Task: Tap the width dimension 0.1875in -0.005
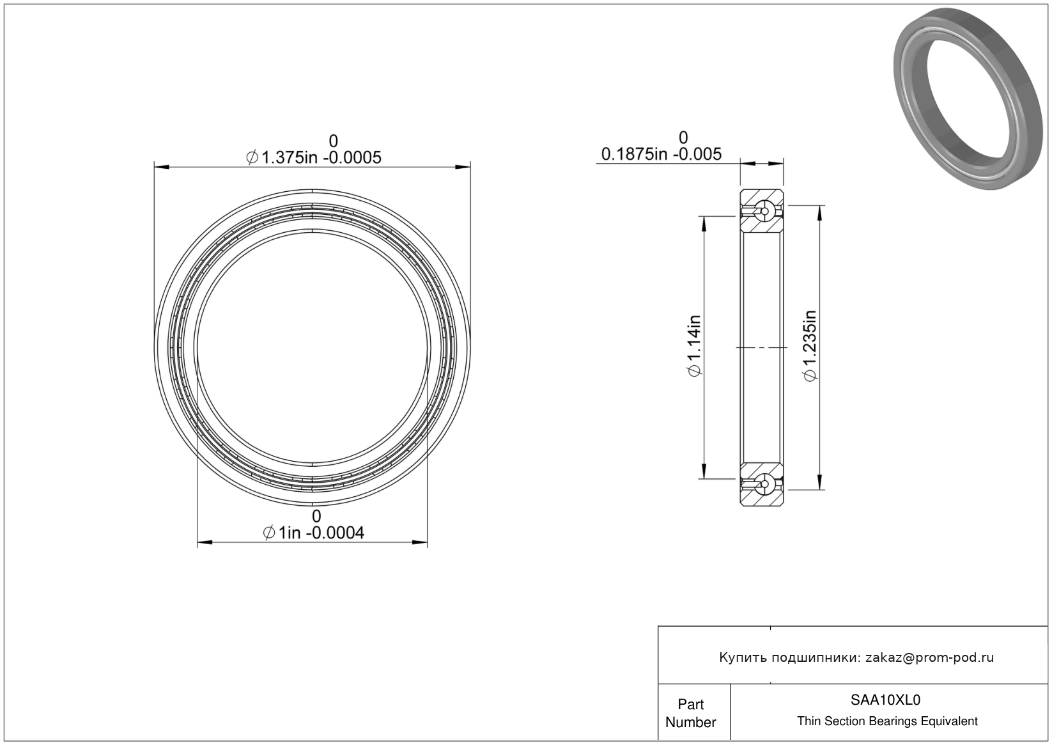(x=661, y=154)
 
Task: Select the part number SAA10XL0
(x=886, y=700)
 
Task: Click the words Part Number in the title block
(x=690, y=713)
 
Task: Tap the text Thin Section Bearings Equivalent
(x=887, y=721)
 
